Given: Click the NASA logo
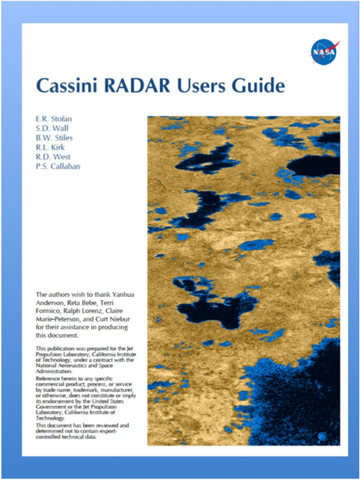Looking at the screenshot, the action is pyautogui.click(x=323, y=52).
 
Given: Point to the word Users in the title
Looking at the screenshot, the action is pyautogui.click(x=206, y=86).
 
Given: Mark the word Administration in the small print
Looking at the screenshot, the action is pyautogui.click(x=57, y=371).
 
